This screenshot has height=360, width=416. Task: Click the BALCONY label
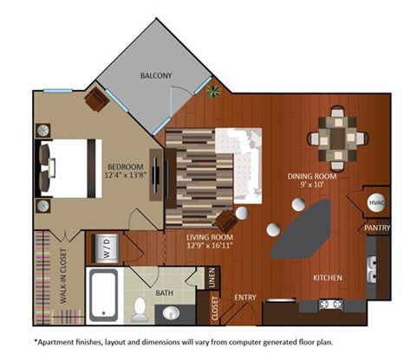156,76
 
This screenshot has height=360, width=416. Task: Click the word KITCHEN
328,279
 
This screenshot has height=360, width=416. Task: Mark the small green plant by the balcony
214,89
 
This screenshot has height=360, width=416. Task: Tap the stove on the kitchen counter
330,305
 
